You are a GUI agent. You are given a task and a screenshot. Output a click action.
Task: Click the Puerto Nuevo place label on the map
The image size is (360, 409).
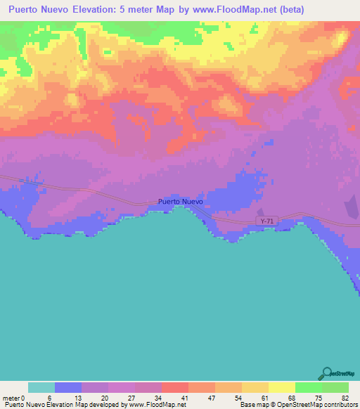click(x=181, y=202)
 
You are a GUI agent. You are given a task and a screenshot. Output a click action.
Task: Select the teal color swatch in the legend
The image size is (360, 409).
click(x=41, y=387)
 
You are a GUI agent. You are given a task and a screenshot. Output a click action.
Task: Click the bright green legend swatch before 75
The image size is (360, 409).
click(x=309, y=387)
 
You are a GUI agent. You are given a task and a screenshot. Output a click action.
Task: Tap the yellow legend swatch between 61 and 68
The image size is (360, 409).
click(x=282, y=387)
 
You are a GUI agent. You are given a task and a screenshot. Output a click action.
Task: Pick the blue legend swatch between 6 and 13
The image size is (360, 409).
click(x=68, y=387)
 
